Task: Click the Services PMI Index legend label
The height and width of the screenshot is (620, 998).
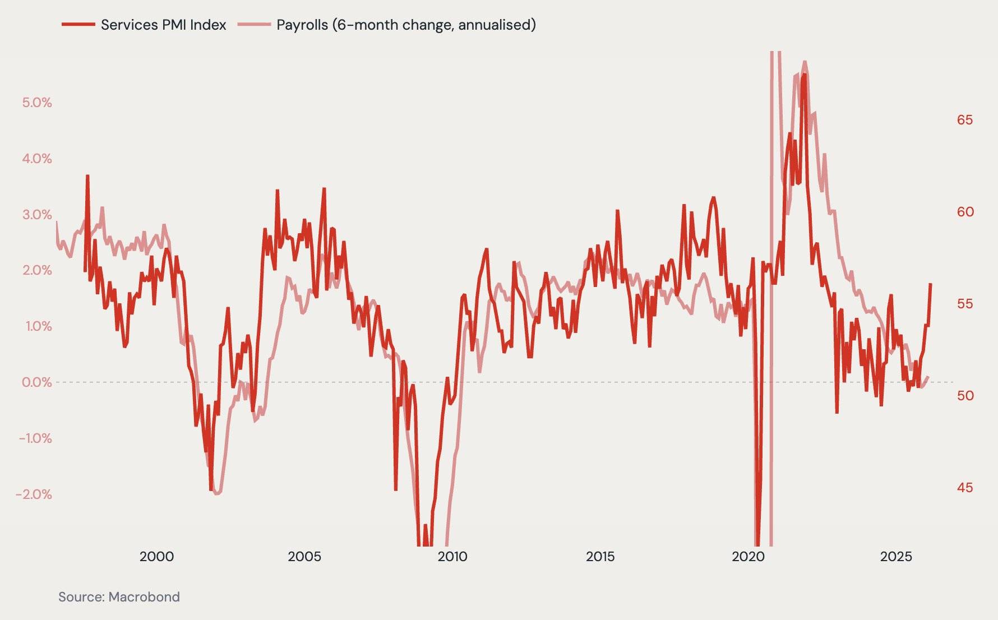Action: pos(163,25)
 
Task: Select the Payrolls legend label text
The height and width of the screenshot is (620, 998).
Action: pos(406,25)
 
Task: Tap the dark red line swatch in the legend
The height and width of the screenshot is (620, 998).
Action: pos(78,25)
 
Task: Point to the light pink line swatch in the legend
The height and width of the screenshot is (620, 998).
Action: pos(254,25)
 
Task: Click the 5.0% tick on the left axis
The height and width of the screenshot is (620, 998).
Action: pos(37,103)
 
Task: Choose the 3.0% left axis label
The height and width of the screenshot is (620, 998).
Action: pos(37,215)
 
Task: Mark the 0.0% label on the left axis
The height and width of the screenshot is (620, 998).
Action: pos(37,382)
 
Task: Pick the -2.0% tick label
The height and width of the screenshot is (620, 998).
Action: pos(34,494)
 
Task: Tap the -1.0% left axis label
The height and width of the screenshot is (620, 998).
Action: pos(35,438)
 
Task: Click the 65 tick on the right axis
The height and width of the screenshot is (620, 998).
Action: pos(965,120)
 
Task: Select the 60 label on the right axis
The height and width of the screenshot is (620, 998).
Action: pos(965,212)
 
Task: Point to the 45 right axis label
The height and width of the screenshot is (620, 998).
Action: pos(965,488)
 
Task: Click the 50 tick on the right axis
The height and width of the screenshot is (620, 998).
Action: pos(965,396)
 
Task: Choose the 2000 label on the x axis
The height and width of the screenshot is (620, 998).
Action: pos(156,557)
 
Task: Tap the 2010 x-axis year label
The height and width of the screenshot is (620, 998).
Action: pos(452,557)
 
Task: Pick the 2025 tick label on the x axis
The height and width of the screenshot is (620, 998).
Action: pos(896,557)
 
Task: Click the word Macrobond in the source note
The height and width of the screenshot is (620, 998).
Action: pos(144,597)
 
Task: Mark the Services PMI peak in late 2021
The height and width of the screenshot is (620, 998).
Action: pos(805,75)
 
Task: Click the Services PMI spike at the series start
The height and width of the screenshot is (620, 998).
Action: pos(87,176)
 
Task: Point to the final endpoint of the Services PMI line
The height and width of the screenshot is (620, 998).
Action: pos(931,284)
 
